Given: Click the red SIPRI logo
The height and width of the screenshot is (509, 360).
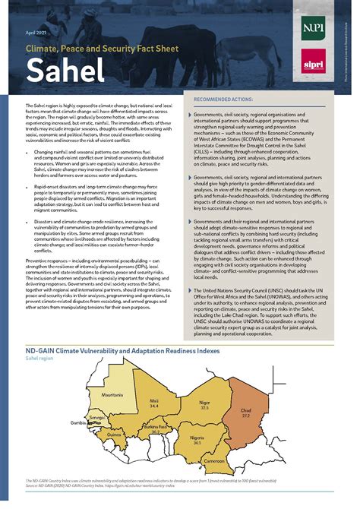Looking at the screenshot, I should (x=312, y=61).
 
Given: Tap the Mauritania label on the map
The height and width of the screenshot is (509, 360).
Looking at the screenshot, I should (x=91, y=395).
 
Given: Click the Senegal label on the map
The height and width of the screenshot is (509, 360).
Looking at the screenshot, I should (x=96, y=417).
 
